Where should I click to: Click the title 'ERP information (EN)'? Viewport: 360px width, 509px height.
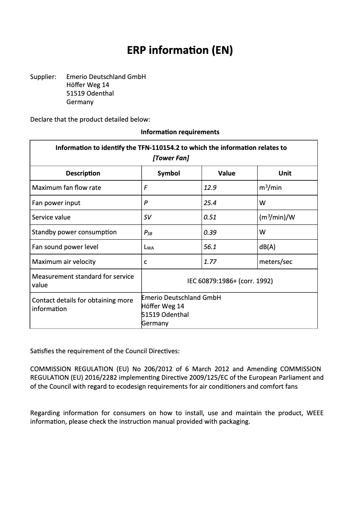pos(180,50)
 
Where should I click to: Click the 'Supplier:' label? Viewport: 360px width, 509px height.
pos(43,77)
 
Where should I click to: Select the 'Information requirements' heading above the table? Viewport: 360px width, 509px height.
pos(180,132)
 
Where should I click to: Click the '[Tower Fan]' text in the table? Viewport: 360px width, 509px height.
pos(171,158)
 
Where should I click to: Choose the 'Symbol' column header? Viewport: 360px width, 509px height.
pos(169,173)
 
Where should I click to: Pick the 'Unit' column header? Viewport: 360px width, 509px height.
pos(285,173)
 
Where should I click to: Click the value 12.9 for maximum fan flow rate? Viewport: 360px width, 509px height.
pos(210,188)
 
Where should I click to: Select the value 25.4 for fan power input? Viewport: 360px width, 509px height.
pos(210,203)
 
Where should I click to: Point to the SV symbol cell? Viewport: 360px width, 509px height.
pos(148,217)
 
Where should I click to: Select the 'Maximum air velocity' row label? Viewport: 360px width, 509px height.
pos(63,262)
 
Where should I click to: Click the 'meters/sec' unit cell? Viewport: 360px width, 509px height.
pos(276,262)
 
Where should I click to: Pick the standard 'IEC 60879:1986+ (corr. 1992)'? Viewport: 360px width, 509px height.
pos(230,281)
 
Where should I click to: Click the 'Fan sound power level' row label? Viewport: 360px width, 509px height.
pos(65,247)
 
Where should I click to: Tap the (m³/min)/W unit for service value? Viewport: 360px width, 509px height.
pos(277,217)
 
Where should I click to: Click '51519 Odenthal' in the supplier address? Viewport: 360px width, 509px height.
pos(90,93)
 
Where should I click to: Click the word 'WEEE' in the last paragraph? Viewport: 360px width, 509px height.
pos(315,413)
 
